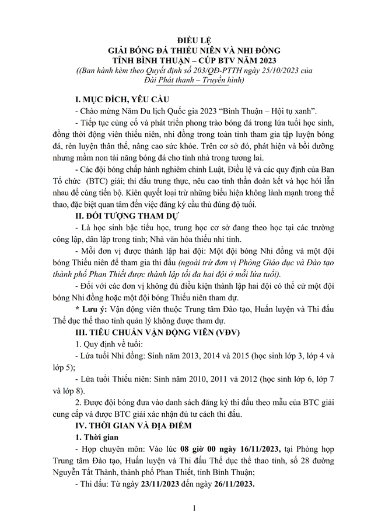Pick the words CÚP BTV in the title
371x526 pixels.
(220, 61)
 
